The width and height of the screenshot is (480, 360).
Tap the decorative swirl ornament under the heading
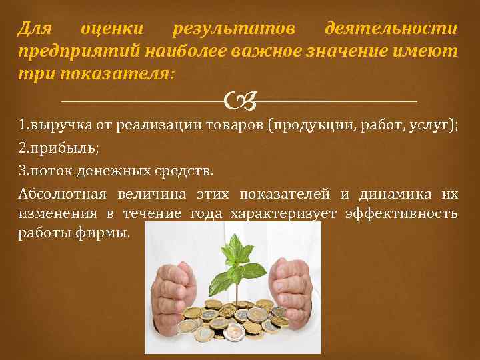click(240, 101)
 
